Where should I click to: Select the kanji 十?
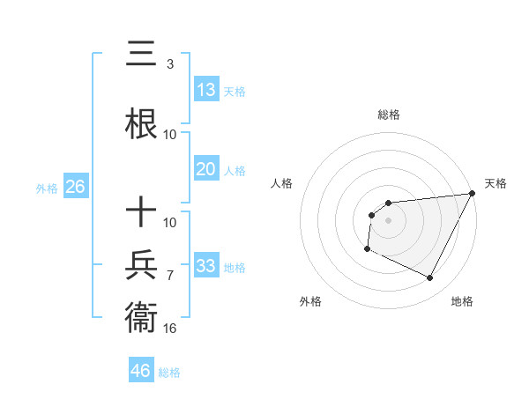click(142, 211)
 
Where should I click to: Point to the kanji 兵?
click(142, 264)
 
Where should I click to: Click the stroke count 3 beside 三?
click(169, 64)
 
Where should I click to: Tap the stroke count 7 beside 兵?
click(169, 276)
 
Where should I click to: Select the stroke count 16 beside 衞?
click(170, 329)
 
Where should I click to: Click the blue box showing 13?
click(206, 89)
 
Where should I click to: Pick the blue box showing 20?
click(206, 169)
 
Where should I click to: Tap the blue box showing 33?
click(206, 265)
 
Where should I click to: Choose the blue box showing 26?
click(75, 187)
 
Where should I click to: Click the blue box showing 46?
click(141, 371)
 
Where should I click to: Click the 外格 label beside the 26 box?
click(47, 188)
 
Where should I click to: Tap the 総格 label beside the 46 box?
click(169, 373)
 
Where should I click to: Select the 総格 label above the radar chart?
click(389, 115)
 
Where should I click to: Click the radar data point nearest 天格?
click(473, 194)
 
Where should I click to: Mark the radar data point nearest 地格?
click(430, 278)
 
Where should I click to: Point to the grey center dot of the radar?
click(388, 220)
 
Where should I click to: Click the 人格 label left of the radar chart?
click(281, 183)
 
